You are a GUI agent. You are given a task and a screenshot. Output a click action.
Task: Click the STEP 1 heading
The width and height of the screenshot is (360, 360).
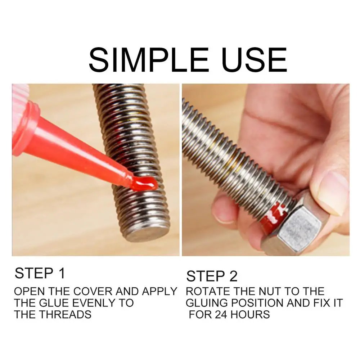pyautogui.click(x=40, y=274)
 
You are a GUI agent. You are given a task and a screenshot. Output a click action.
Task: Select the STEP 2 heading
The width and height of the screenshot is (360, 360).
pyautogui.click(x=212, y=276)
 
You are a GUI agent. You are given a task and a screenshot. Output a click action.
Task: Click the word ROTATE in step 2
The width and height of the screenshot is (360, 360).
pyautogui.click(x=207, y=291)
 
